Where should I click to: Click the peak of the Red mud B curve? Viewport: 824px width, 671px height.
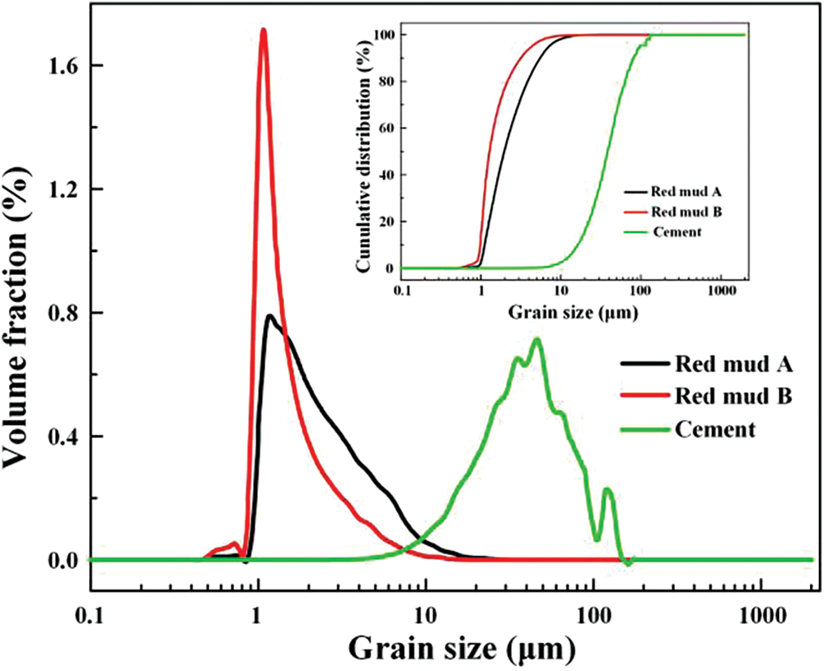click(x=263, y=31)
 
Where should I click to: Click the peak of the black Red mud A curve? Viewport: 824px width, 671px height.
click(x=269, y=316)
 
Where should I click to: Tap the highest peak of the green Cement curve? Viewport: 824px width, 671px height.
click(x=537, y=339)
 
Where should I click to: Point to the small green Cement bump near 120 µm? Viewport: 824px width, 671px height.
click(x=607, y=490)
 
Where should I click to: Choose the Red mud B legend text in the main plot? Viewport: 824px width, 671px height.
click(x=733, y=396)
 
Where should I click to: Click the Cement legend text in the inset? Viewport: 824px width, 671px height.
click(x=677, y=232)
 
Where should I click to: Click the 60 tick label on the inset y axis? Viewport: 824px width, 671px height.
click(x=385, y=128)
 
